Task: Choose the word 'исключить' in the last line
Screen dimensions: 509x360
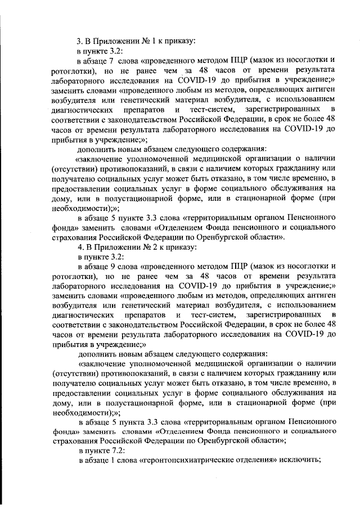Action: [300, 461]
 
